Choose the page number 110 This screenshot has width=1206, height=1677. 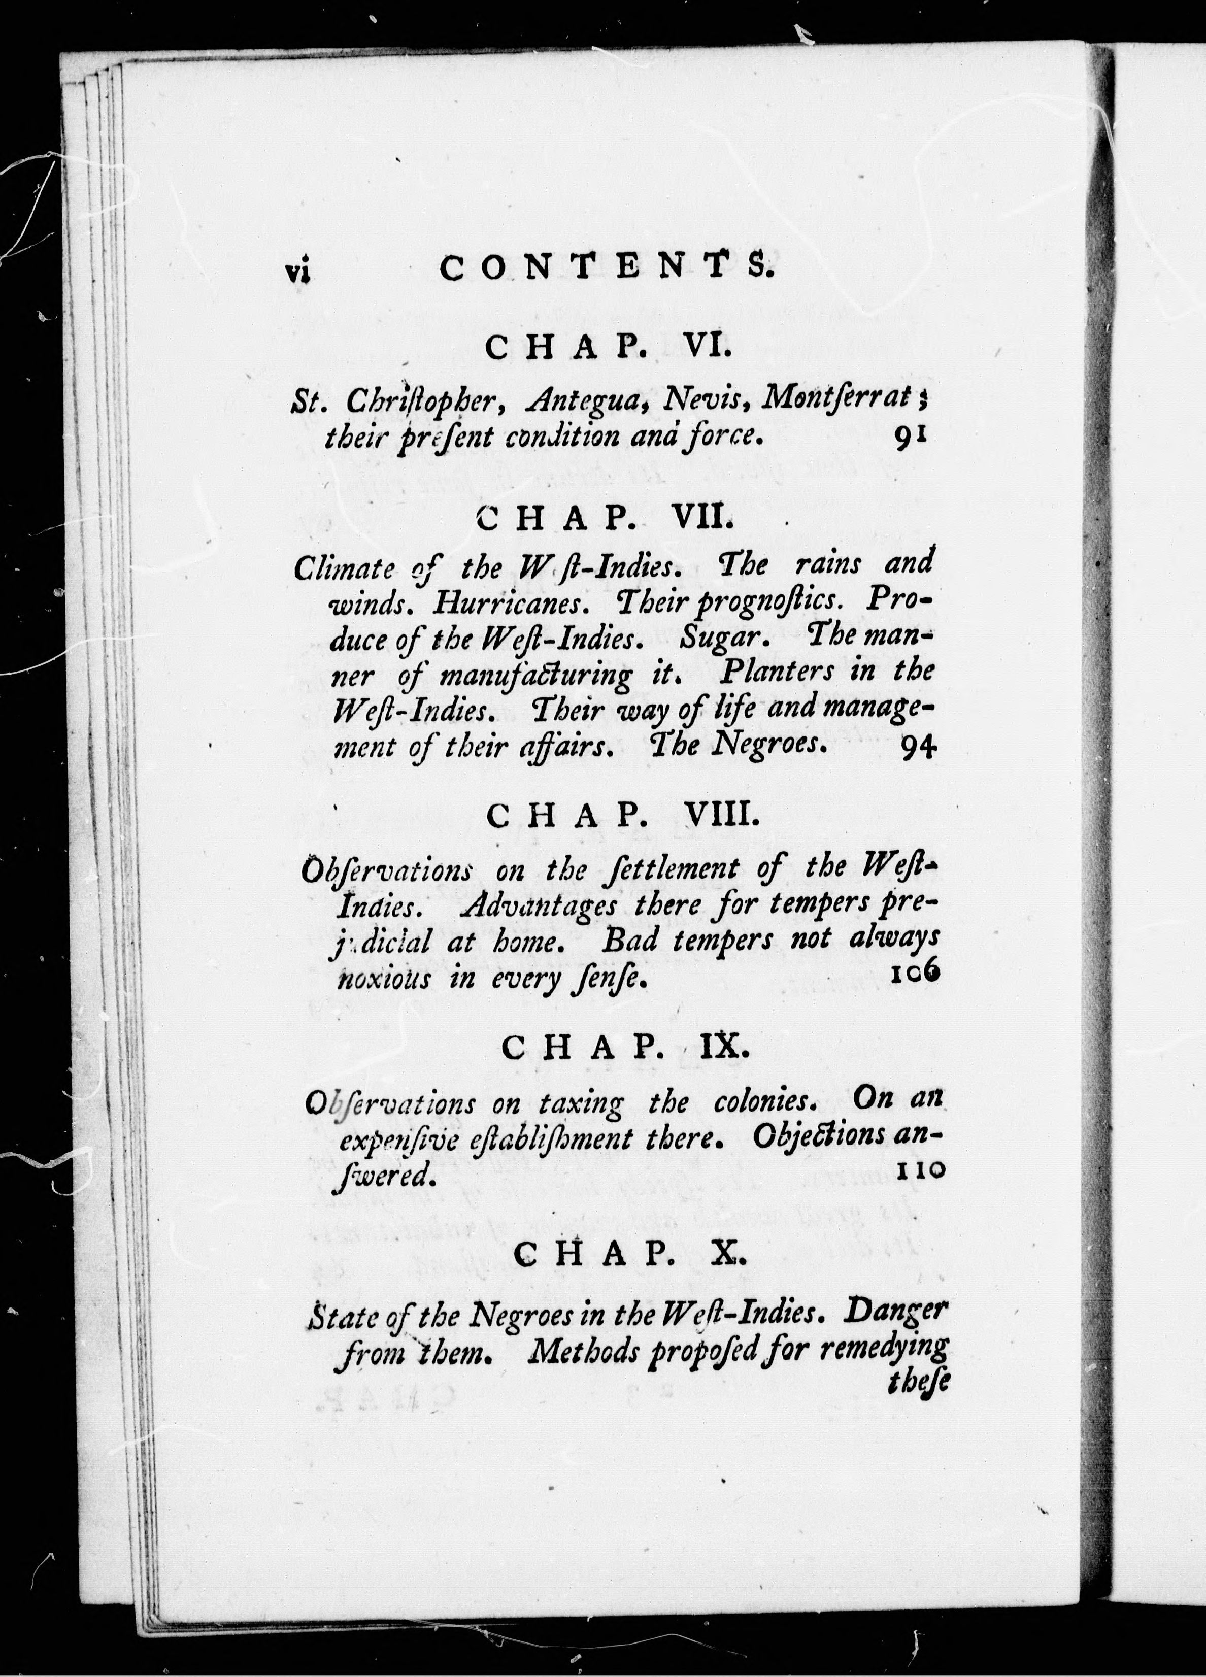click(919, 1170)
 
